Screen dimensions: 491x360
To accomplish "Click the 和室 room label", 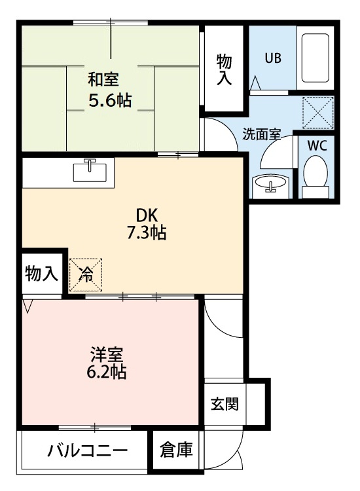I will pos(104,80).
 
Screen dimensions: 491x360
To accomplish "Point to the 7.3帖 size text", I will pos(147,232).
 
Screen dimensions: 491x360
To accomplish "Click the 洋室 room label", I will pos(107,356).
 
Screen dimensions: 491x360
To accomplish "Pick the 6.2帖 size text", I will pos(107,373).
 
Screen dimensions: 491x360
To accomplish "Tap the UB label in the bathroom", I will pos(273,57).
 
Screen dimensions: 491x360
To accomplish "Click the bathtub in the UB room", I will pos(317,58).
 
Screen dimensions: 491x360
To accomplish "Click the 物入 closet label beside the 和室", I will pos(225,69).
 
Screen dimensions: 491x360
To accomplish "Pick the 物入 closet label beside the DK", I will pos(42,274).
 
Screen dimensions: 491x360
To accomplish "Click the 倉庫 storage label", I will pos(177,450).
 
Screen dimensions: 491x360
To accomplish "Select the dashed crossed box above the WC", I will pos(317,112).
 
